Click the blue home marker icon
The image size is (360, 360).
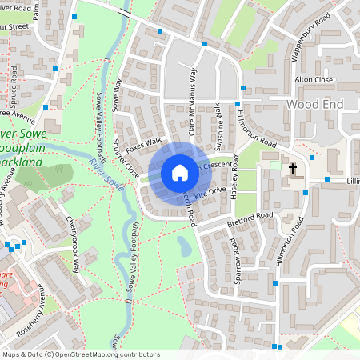point(179,173)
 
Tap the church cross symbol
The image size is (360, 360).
point(293,169)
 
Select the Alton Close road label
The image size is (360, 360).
point(314,80)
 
